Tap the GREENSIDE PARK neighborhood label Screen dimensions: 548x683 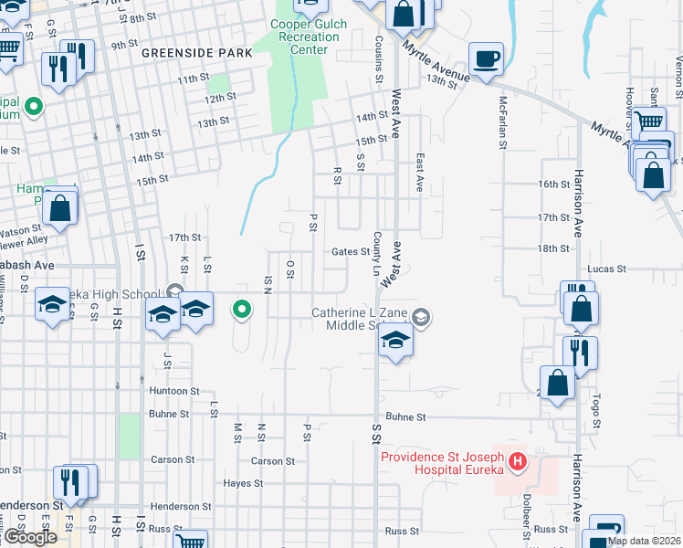196,54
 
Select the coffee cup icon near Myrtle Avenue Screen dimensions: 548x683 486,58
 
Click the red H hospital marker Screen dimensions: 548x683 518,462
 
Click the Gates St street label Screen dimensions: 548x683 350,252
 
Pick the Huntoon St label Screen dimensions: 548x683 173,391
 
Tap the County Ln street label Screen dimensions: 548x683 376,253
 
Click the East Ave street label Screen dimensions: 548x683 419,171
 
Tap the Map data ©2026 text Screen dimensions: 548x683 645,541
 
